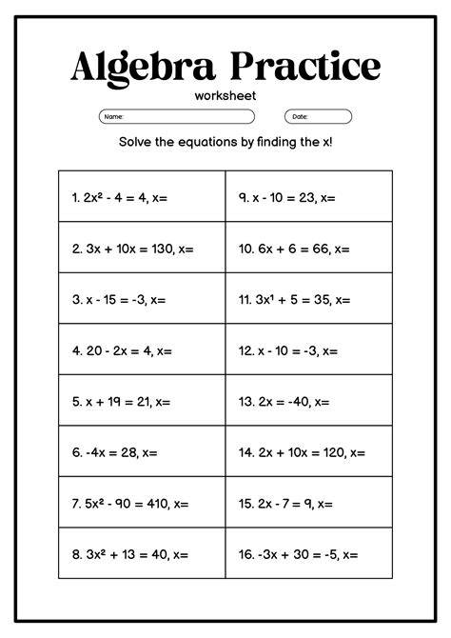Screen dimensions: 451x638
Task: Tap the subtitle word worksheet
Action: pyautogui.click(x=225, y=96)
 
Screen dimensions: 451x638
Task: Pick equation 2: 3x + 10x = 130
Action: pyautogui.click(x=132, y=249)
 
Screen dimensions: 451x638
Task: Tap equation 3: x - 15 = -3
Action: pyautogui.click(x=119, y=300)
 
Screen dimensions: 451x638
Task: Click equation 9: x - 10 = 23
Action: pyautogui.click(x=286, y=198)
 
